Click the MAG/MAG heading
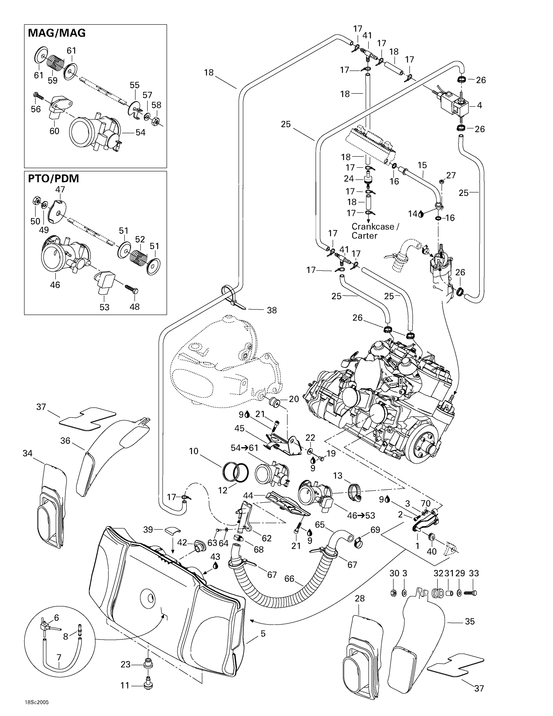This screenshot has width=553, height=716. [x=57, y=33]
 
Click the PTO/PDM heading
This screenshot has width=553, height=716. [x=53, y=178]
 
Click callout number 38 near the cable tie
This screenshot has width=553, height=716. [x=272, y=310]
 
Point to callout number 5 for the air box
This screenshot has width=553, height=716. [x=263, y=634]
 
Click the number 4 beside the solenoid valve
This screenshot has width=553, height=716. [x=479, y=105]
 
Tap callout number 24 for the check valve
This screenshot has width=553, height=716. [x=349, y=179]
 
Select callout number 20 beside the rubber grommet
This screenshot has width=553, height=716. [x=294, y=399]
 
